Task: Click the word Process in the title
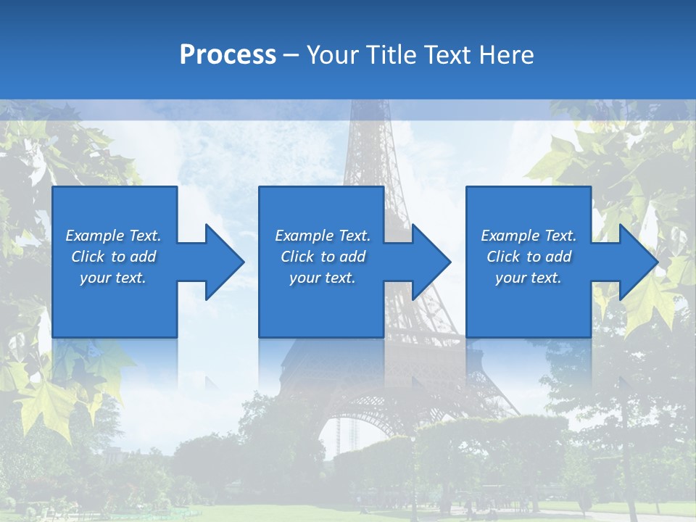228,55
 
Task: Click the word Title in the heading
391,55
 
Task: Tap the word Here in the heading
507,55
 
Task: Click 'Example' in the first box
94,236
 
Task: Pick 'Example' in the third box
510,236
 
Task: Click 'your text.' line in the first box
113,278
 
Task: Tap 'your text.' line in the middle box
322,278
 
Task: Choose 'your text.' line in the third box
529,278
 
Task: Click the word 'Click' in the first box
88,257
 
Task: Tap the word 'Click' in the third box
503,257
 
